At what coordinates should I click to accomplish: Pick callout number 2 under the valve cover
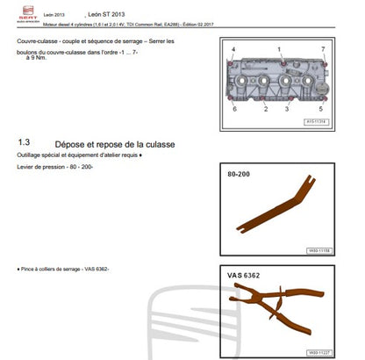click(x=264, y=110)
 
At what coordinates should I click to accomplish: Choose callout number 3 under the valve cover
click(x=286, y=110)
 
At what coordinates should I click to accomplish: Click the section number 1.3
click(x=25, y=141)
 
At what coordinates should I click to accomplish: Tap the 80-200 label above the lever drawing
click(x=240, y=176)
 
